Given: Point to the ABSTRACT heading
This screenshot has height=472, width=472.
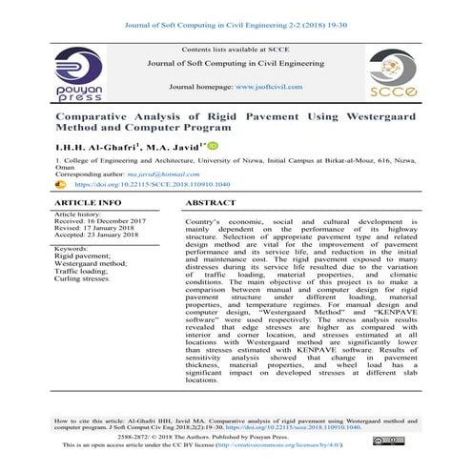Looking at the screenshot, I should click(x=212, y=204).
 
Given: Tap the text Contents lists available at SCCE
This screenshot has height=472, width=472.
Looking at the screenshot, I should click(x=236, y=47).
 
